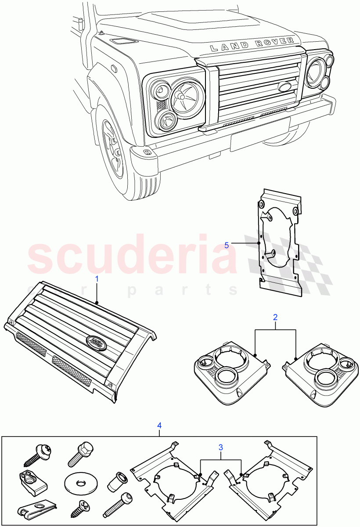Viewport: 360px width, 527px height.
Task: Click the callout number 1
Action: pos(97,278)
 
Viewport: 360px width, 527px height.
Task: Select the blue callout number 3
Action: pos(221,447)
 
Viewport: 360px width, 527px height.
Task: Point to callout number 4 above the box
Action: pos(159,425)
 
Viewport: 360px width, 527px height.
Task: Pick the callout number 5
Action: pos(227,245)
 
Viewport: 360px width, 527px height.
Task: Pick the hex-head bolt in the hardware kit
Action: pos(79,454)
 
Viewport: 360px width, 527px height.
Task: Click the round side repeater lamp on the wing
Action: pos(114,69)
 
